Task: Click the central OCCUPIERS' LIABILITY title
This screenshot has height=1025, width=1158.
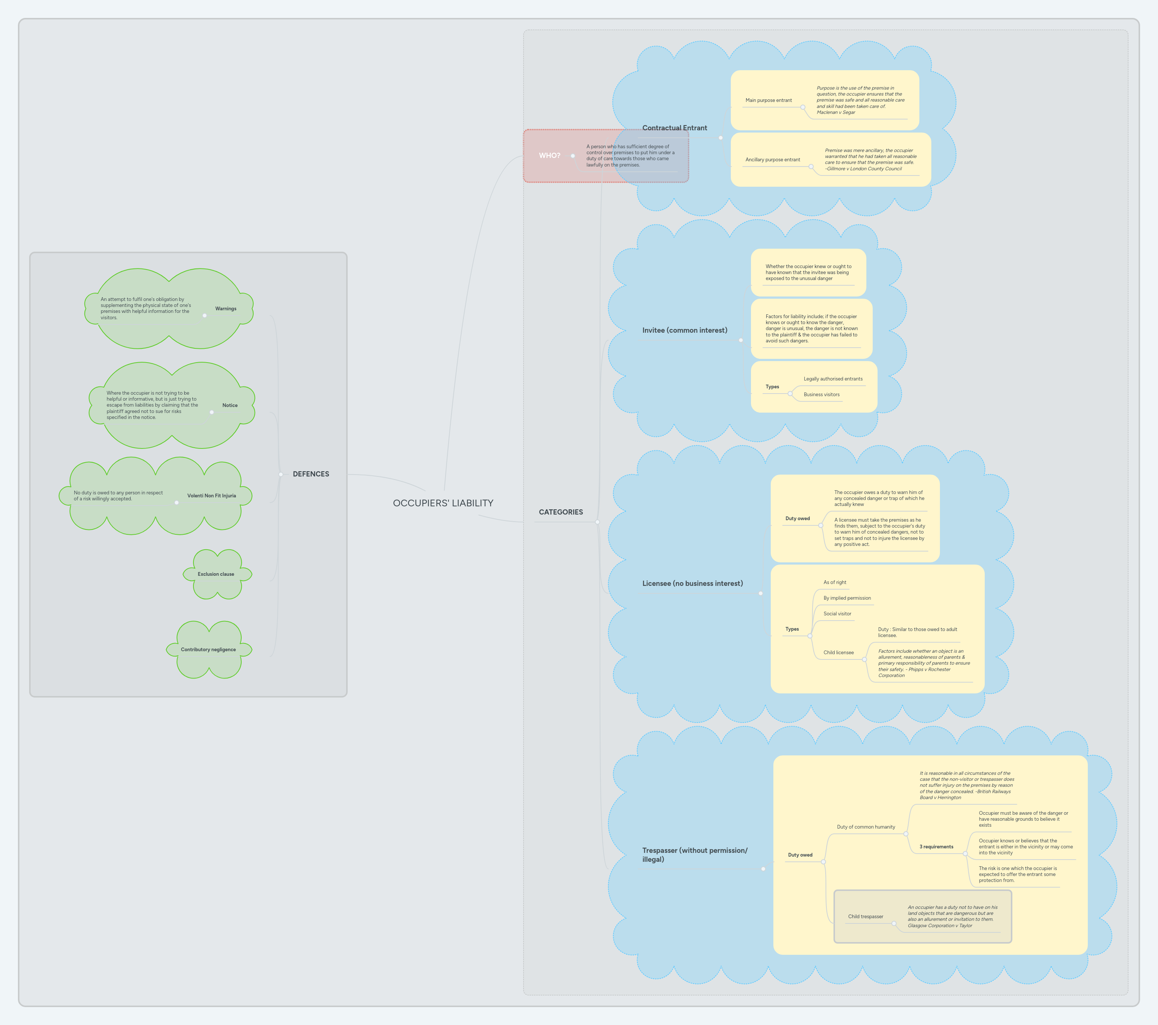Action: pyautogui.click(x=443, y=503)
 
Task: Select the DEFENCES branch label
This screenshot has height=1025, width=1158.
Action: pyautogui.click(x=310, y=474)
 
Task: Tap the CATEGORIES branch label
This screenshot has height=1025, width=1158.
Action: pyautogui.click(x=560, y=512)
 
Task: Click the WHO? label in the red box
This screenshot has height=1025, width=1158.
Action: pyautogui.click(x=549, y=155)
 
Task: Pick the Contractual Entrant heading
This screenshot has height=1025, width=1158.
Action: pyautogui.click(x=674, y=128)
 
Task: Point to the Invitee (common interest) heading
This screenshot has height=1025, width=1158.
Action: pyautogui.click(x=684, y=330)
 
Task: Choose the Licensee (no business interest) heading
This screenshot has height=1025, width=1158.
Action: pyautogui.click(x=692, y=584)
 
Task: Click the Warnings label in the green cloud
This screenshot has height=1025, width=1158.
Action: pyautogui.click(x=226, y=309)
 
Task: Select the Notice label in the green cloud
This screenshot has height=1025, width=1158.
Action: pyautogui.click(x=229, y=406)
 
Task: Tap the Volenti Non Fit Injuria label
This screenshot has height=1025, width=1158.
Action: pyautogui.click(x=211, y=496)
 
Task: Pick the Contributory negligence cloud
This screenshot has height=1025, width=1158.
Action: pyautogui.click(x=208, y=650)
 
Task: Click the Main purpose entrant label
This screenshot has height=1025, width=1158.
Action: pyautogui.click(x=768, y=100)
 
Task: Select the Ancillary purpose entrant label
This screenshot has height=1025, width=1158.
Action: pyautogui.click(x=772, y=160)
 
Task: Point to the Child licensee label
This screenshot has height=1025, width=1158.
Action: pyautogui.click(x=838, y=653)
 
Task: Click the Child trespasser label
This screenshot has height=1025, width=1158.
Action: pyautogui.click(x=865, y=917)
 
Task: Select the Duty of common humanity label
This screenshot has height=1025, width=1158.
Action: pyautogui.click(x=866, y=827)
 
